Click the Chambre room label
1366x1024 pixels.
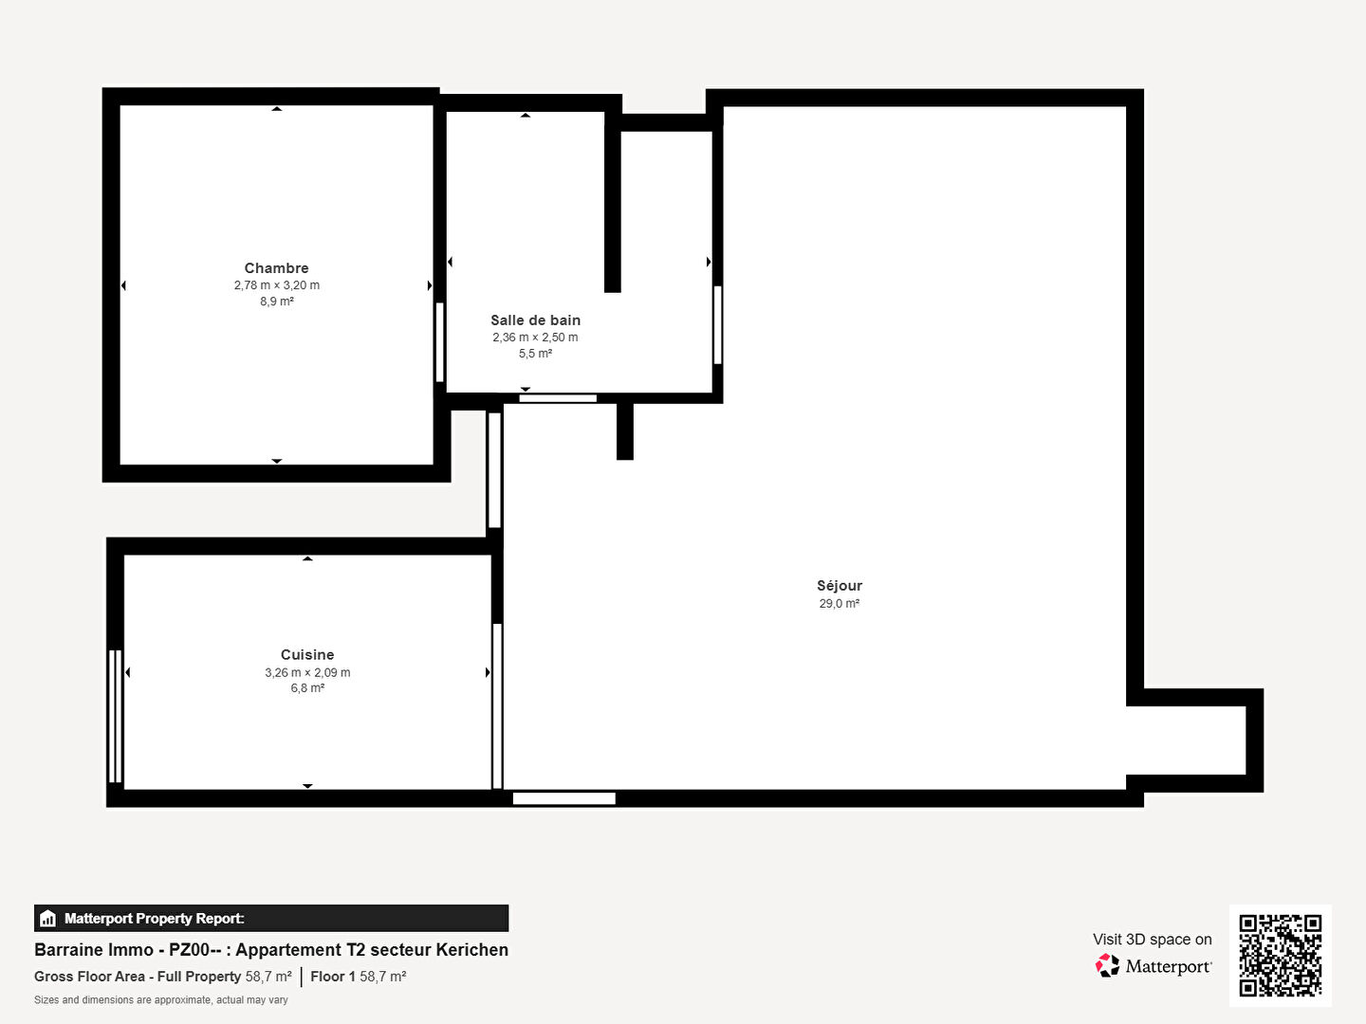(x=276, y=268)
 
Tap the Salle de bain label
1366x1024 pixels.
(x=535, y=320)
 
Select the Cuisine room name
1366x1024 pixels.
(x=307, y=654)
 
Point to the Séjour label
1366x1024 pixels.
(x=840, y=586)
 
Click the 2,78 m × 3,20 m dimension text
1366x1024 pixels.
(x=277, y=285)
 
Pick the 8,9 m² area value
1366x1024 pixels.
(x=277, y=302)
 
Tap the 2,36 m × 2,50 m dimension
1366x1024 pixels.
(x=535, y=338)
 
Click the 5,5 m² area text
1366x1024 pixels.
(x=535, y=354)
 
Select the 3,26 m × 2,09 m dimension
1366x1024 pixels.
(x=307, y=673)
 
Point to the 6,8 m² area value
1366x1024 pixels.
(x=307, y=688)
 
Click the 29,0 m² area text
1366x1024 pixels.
(x=840, y=604)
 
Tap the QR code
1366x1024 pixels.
(x=1280, y=956)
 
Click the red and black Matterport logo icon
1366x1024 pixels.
(x=1107, y=965)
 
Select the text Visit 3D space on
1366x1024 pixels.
(x=1153, y=940)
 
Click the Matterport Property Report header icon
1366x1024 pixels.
(x=48, y=919)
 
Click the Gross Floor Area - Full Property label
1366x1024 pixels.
(x=138, y=977)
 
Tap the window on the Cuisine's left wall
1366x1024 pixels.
(x=115, y=716)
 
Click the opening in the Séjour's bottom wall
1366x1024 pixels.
(x=563, y=798)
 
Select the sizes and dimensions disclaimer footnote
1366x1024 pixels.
(x=161, y=1000)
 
